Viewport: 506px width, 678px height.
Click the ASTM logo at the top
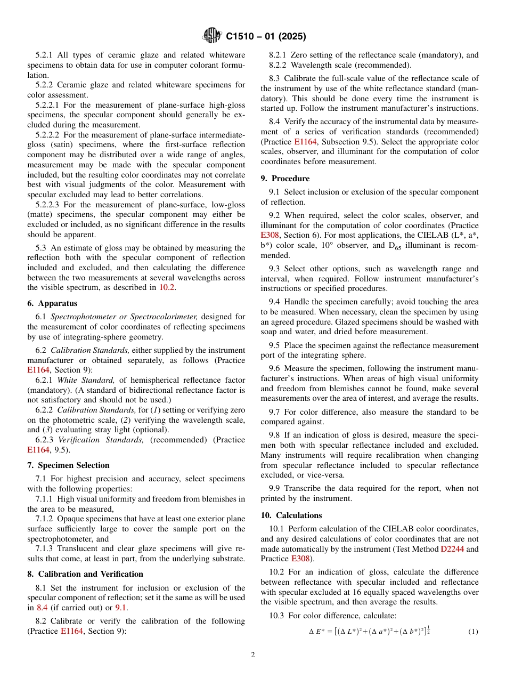213,36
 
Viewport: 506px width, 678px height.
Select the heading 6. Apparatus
52,303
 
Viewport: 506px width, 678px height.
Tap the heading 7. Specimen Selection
68,465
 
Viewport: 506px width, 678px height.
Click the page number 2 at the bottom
253,655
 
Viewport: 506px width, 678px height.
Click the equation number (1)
473,632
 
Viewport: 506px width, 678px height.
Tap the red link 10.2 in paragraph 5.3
167,287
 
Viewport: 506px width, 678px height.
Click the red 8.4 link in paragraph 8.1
43,608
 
